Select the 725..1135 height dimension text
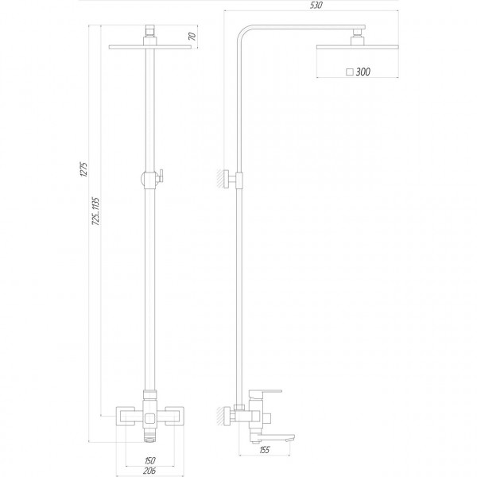click(x=95, y=213)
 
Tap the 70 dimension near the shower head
click(x=192, y=36)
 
